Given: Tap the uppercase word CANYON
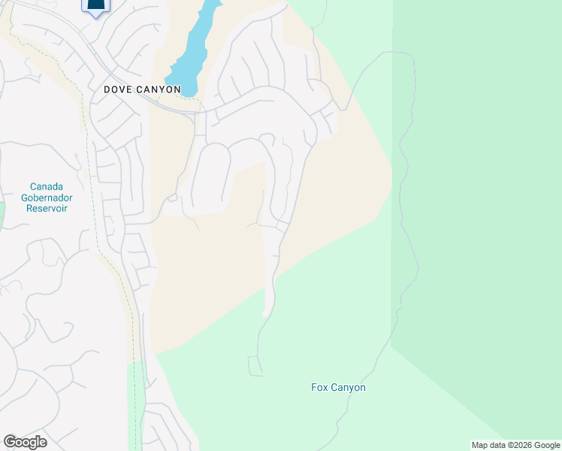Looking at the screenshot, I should coord(159,89).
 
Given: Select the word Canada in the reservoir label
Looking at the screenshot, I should coord(47,186).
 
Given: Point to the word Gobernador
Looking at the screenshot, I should coord(47,197).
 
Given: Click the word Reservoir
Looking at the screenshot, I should coord(47,207).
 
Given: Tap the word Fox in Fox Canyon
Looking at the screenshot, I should coord(319,388).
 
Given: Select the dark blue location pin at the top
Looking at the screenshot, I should coord(95,7).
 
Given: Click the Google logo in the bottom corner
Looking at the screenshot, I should coord(25,442).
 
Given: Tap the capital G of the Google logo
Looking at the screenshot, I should coord(10,442).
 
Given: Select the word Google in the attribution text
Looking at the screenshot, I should coord(548,445).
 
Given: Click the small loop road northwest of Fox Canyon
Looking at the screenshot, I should coord(255,366).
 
